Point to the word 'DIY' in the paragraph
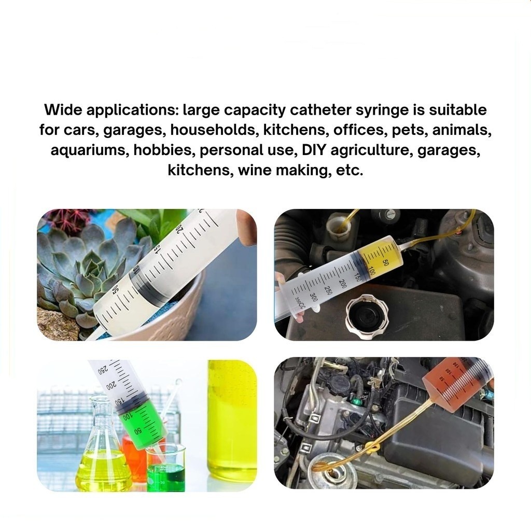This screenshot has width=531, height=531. point(313,150)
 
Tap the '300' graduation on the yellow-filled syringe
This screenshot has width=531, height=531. point(314,297)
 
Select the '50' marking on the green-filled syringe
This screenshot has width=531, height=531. point(138,431)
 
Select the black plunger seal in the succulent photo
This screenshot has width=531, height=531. point(145,283)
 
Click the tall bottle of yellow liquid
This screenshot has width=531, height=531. point(232,420)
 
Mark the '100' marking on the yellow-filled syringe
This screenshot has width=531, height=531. point(371,271)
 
